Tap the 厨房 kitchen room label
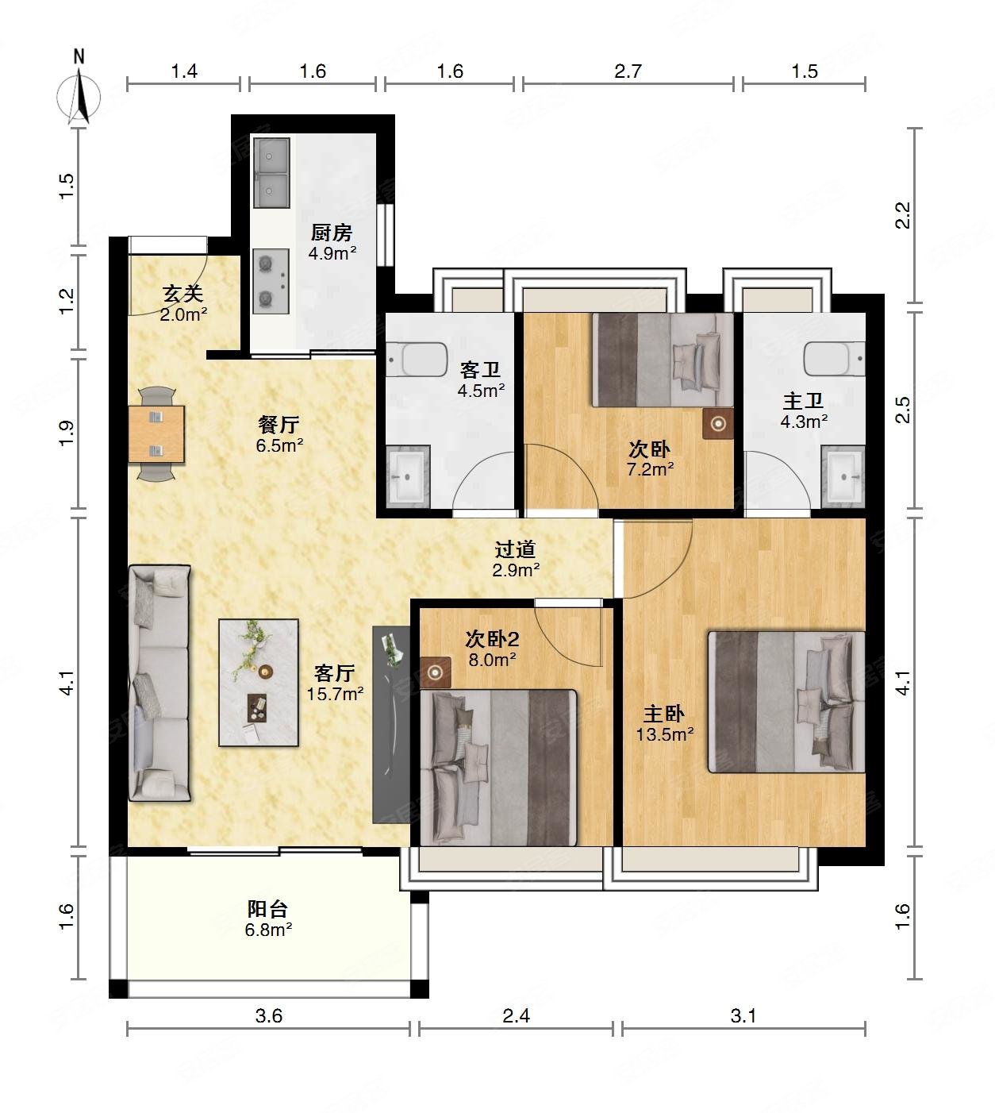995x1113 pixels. pos(331,233)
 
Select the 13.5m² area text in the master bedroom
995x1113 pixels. pos(664,734)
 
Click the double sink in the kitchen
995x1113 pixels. pos(271,173)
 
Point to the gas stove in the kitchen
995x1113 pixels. pos(271,281)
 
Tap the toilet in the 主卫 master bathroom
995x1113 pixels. pos(834,359)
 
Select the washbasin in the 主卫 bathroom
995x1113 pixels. pos(843,477)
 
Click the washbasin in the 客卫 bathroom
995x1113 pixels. pos(408,476)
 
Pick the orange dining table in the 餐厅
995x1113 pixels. pos(156,434)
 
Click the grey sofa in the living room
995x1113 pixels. pos(159,683)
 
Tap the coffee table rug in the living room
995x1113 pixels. pos(259,683)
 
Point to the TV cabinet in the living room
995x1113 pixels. pos(391,725)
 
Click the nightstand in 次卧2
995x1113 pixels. pos(436,672)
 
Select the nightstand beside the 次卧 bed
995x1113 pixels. pos(718,424)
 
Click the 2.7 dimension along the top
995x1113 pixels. pos(628,71)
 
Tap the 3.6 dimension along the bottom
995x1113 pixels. pos(268,1016)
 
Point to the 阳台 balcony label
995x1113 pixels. pos(267,910)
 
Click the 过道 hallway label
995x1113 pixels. pos(515,549)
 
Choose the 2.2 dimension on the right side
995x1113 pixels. pos(903,215)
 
